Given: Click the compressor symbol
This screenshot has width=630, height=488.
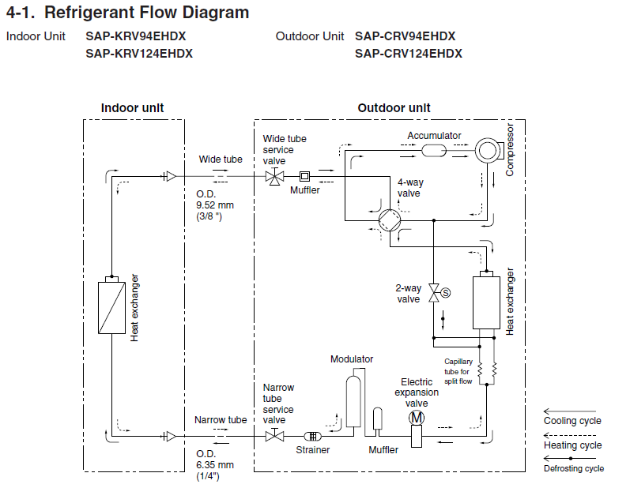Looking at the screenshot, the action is click(488, 151).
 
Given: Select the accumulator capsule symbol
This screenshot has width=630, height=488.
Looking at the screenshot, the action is click(434, 151).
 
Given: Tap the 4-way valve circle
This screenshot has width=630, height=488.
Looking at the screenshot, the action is click(390, 220).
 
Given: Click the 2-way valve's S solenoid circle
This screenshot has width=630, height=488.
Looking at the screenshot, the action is click(446, 293).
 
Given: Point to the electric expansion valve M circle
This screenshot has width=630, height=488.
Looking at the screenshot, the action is click(417, 418).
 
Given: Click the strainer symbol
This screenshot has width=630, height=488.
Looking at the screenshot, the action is click(312, 436).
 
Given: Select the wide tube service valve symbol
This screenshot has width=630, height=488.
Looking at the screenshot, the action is click(275, 176).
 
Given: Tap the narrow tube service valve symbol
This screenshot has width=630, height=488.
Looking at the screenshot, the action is click(275, 435).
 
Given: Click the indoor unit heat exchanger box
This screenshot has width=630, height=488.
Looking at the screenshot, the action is click(111, 307).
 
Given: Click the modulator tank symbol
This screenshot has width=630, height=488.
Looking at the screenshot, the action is click(353, 401).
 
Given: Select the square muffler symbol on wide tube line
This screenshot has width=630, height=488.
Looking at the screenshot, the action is click(305, 176).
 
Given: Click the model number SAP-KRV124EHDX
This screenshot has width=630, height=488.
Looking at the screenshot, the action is click(139, 54).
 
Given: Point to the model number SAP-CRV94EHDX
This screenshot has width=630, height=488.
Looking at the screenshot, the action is click(405, 36).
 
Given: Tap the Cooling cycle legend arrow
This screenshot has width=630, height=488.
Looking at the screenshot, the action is click(570, 411).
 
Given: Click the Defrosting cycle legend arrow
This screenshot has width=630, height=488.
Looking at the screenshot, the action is click(570, 458).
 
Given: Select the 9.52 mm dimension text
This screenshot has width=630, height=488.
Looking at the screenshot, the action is click(215, 205).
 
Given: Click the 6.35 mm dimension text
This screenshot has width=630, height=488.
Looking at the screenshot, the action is click(215, 465).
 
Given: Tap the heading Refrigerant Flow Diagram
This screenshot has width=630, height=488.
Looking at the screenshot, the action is click(147, 13).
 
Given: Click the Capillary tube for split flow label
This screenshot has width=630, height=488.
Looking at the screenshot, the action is click(458, 371).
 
